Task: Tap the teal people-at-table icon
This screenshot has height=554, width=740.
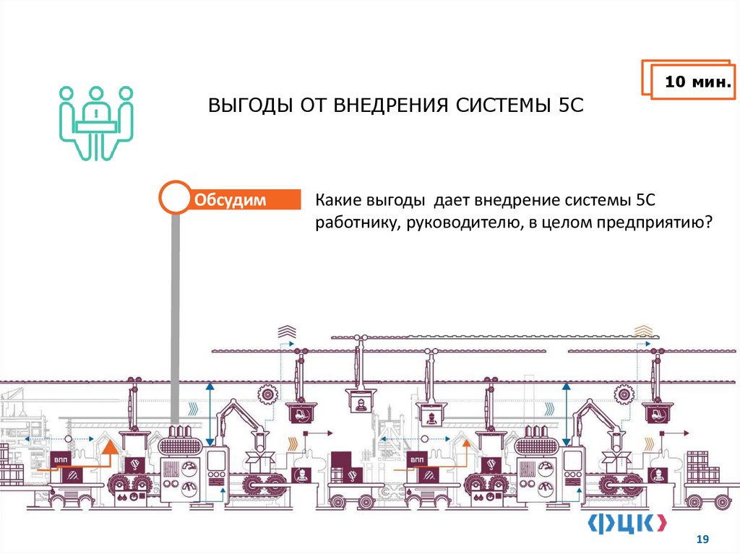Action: click(95, 121)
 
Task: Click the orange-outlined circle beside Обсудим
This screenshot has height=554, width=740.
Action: click(174, 198)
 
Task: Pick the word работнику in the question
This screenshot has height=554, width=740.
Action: click(353, 223)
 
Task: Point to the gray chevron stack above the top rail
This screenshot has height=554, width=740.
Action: click(287, 332)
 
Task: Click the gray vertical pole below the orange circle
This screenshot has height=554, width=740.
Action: click(174, 318)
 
